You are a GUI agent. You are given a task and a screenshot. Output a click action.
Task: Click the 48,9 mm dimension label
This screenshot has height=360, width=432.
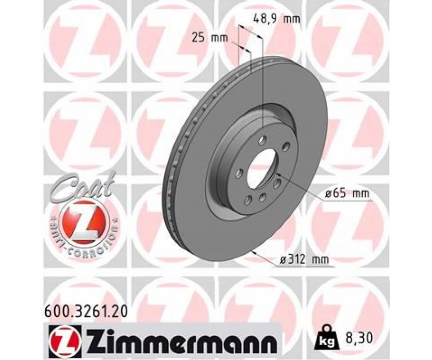pyautogui.click(x=276, y=19)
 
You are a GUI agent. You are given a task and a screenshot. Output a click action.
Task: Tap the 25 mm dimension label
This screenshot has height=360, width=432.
pyautogui.click(x=210, y=37)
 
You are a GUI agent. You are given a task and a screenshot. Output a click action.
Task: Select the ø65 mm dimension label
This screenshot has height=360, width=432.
pyautogui.click(x=346, y=193)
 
